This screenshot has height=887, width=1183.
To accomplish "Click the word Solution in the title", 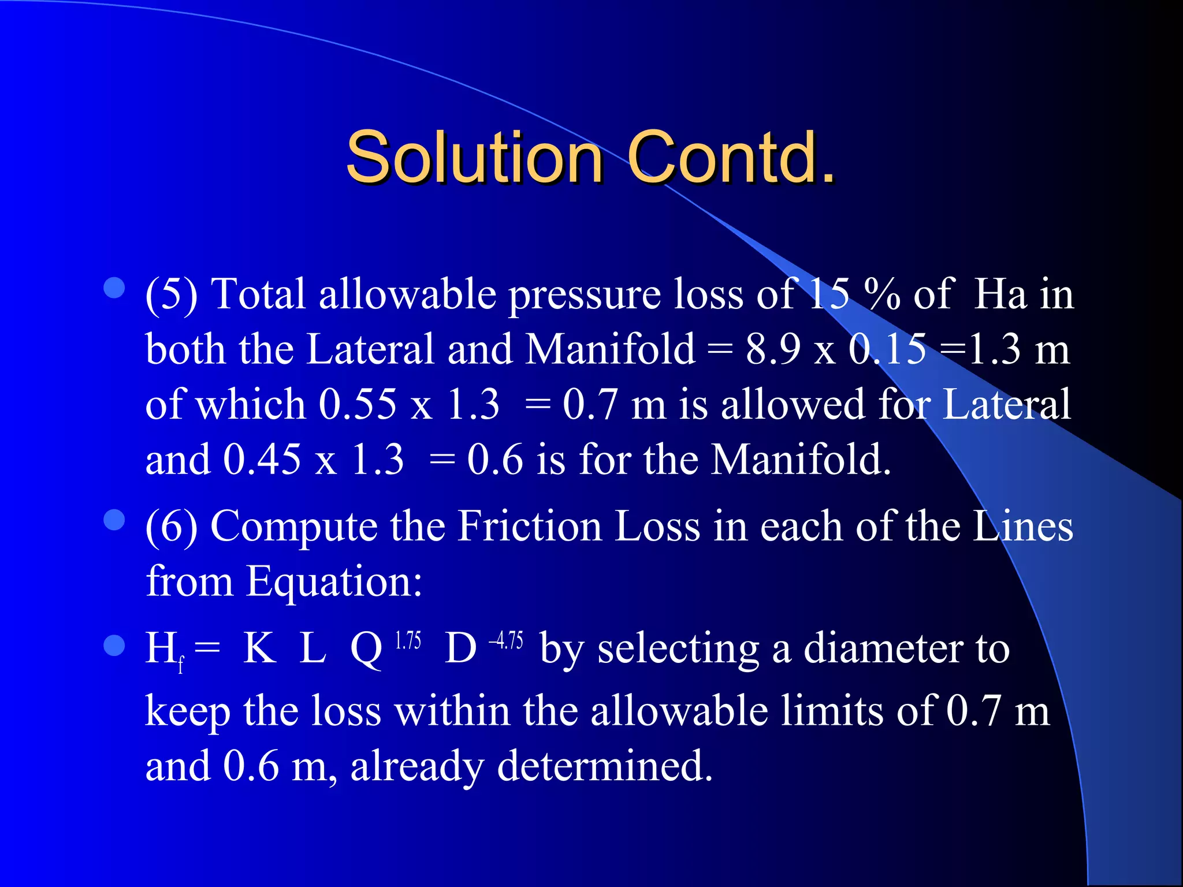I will [474, 157].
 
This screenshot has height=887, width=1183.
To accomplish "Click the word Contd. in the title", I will [731, 157].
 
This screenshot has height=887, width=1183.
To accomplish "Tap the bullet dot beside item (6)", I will [114, 520].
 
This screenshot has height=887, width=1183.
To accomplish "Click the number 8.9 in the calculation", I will [773, 349].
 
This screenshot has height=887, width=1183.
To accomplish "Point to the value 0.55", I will [358, 404].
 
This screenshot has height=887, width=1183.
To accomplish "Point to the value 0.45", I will [262, 460].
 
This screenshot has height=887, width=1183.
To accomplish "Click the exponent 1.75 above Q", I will [408, 641].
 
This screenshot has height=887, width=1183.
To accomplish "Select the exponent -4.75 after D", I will [506, 641].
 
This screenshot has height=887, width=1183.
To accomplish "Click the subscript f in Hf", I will [181, 665].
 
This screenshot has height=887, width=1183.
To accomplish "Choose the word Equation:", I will [334, 582].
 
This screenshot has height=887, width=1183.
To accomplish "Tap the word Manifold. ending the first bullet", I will [801, 460].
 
